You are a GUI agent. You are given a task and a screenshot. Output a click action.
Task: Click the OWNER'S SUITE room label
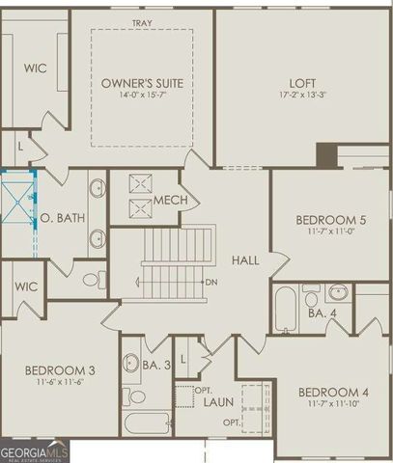[x=143, y=84]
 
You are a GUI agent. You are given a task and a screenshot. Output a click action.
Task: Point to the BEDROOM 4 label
[x=333, y=392]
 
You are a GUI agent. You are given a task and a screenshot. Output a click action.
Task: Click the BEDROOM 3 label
[x=59, y=370]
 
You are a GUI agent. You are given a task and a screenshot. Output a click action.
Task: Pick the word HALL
[x=243, y=259]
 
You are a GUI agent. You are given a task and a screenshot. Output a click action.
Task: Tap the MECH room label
[x=169, y=200]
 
